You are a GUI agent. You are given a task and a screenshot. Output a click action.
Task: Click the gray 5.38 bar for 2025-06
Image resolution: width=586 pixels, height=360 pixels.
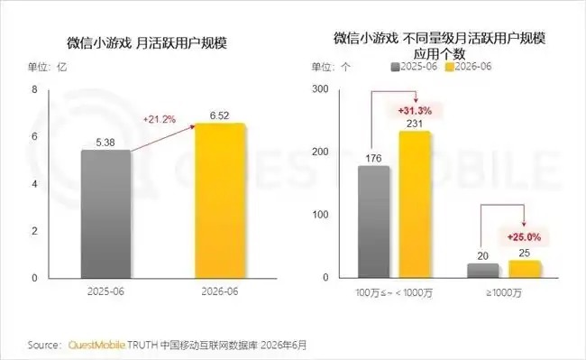click(x=105, y=214)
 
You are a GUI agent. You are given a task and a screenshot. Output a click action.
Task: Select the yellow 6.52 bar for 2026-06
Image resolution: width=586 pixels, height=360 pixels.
click(x=221, y=200)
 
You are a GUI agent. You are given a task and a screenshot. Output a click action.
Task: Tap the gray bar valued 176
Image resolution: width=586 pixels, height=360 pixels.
click(x=373, y=222)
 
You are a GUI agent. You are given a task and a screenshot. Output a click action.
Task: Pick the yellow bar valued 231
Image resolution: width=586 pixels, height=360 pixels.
click(x=415, y=205)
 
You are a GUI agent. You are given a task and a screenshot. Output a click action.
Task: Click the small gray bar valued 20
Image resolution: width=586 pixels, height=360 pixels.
click(x=483, y=271)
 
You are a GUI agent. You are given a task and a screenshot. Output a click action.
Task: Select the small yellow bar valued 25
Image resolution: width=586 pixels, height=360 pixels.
click(x=525, y=269)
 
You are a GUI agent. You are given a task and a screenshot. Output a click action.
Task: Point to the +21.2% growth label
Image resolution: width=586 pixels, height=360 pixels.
click(x=160, y=120)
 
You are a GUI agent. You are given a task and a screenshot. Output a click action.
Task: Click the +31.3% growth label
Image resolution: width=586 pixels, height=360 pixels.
click(x=415, y=111)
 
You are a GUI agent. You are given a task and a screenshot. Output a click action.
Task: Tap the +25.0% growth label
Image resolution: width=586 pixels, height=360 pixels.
click(x=524, y=237)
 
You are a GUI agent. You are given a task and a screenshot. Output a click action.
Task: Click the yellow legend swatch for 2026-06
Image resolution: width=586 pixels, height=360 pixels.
click(x=450, y=67)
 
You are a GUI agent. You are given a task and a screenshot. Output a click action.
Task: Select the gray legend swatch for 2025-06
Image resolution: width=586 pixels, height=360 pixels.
click(x=396, y=67)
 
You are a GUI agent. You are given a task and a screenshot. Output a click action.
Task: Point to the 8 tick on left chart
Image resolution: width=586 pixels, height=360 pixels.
click(x=35, y=89)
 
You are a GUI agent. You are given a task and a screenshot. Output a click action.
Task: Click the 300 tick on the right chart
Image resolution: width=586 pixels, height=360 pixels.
click(x=320, y=89)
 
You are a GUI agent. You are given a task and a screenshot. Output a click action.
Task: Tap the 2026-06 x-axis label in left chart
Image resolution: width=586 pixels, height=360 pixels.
click(x=220, y=291)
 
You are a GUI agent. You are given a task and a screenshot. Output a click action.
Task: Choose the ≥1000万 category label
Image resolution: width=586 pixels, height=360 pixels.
click(x=504, y=292)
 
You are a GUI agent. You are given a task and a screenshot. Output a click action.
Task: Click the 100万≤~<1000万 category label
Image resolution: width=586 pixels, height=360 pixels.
click(x=394, y=292)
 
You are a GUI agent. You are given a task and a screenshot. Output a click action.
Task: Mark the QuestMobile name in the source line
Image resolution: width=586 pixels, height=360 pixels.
click(x=96, y=345)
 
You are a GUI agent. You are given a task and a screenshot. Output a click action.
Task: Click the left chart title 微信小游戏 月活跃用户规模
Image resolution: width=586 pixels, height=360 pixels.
click(x=147, y=43)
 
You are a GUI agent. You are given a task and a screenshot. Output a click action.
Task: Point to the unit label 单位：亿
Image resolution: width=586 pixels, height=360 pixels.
click(x=47, y=67)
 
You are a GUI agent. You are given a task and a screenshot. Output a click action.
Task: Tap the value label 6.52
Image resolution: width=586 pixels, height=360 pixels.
click(x=219, y=115)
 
